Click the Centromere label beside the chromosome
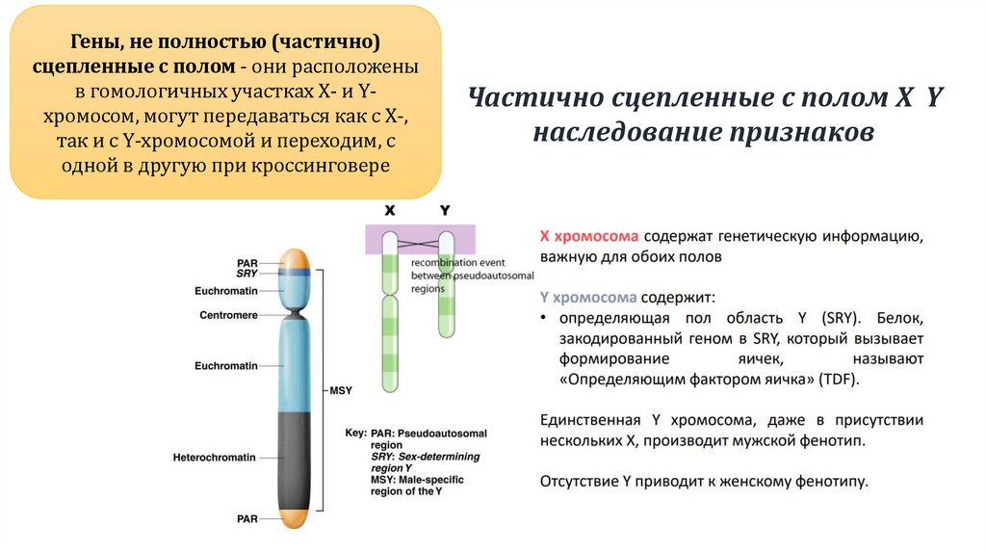[x=228, y=315]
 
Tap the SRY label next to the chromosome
[x=246, y=274]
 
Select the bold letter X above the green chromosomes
[x=390, y=209]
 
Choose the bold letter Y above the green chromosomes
[x=444, y=209]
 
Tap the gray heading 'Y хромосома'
[x=588, y=298]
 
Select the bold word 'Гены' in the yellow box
[x=91, y=44]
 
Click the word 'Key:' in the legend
[x=355, y=434]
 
